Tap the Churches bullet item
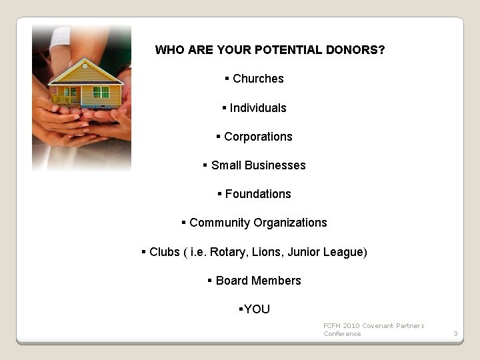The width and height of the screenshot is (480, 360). pos(257,79)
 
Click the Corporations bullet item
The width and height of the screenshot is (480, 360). pos(257,137)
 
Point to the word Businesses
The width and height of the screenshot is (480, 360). pos(275,165)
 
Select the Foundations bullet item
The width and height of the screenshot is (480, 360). pos(257,194)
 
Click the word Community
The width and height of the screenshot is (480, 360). pos(217,223)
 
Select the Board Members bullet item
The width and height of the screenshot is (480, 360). pos(257,281)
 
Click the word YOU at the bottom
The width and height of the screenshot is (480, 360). pos(257,309)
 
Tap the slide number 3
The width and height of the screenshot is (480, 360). pos(455,333)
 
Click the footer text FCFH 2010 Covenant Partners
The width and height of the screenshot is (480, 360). pos(373,325)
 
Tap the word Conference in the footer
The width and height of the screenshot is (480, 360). pos(342,334)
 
